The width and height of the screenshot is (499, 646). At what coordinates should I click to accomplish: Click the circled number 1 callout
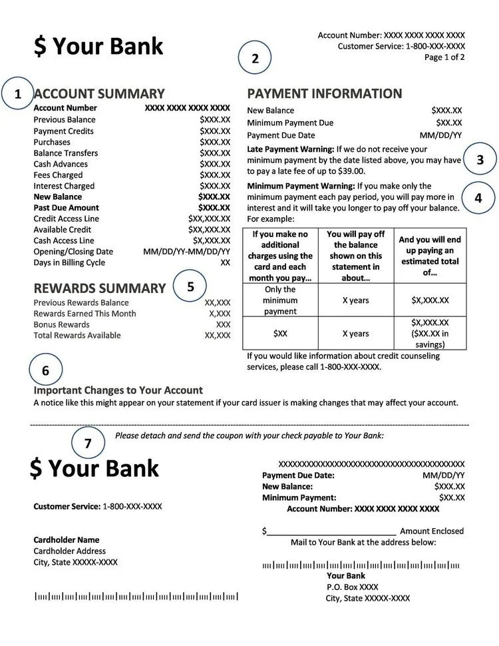[x=17, y=94]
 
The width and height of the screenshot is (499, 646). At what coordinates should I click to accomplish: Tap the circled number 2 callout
[x=254, y=58]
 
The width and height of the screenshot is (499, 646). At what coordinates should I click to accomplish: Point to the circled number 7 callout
[x=87, y=442]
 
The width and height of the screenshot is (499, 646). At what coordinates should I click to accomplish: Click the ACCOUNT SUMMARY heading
[x=98, y=94]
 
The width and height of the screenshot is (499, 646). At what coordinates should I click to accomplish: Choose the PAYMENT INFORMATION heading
[x=325, y=94]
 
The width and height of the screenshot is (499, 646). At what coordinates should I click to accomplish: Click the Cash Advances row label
[x=61, y=164]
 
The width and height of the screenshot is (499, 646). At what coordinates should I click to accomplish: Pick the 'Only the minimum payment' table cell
[x=280, y=300]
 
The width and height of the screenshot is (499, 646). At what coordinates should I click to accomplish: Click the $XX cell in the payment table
[x=280, y=333]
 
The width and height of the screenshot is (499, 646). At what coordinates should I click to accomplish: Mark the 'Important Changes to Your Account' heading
[x=118, y=390]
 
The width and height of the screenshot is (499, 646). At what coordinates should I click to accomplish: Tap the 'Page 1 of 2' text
[x=444, y=57]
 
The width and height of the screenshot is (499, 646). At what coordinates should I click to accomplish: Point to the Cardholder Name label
[x=66, y=540]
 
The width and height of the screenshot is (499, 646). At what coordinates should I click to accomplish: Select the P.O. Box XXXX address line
[x=352, y=587]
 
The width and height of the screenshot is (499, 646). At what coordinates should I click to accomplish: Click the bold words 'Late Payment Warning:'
[x=290, y=149]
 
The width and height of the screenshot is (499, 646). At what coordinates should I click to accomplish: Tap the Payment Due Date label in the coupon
[x=298, y=476]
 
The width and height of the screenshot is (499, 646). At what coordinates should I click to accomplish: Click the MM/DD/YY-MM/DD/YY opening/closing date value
[x=186, y=252]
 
